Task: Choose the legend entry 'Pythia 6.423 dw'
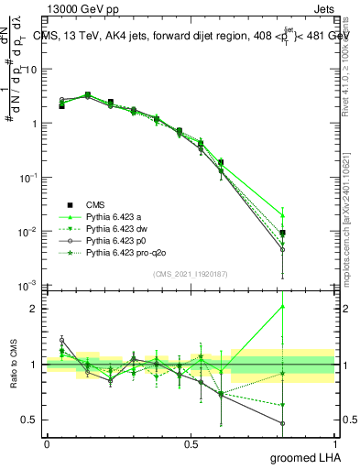(118, 228)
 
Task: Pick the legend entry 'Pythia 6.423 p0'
(118, 240)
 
